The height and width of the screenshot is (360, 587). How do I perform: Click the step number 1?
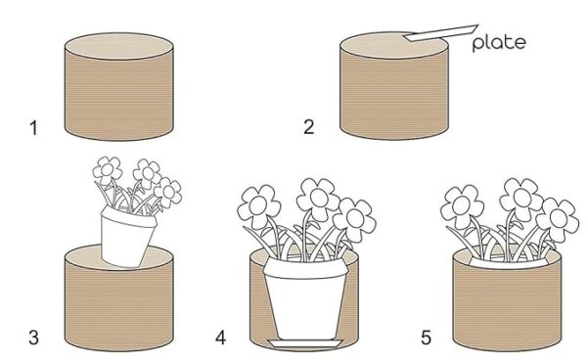tap(33, 128)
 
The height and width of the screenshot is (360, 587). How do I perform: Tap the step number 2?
tap(308, 127)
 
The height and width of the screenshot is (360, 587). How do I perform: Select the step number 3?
tap(33, 337)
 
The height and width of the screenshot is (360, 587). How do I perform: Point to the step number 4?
tap(220, 337)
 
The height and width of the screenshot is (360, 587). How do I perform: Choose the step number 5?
tap(426, 337)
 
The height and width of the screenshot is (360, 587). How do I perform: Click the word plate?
tap(499, 43)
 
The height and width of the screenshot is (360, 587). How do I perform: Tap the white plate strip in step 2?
tap(440, 33)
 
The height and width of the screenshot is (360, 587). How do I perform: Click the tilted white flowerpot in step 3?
tap(127, 237)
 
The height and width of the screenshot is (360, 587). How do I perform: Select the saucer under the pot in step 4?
tap(305, 344)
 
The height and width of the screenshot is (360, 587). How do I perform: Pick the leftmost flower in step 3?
tap(108, 169)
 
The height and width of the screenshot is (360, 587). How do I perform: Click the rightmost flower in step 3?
tap(168, 193)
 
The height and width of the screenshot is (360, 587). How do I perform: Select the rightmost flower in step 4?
tap(354, 219)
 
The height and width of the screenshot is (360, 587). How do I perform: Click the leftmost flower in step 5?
tap(462, 206)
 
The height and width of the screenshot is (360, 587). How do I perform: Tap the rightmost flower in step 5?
tap(558, 219)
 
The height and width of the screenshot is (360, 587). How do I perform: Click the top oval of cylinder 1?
tap(119, 46)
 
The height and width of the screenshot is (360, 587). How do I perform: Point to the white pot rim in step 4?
tap(305, 269)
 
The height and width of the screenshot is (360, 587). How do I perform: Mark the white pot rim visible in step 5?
tap(508, 264)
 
